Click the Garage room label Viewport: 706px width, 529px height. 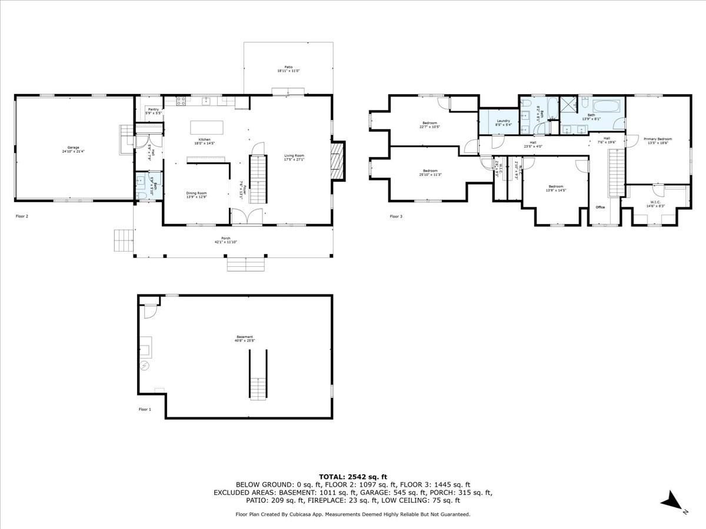73,148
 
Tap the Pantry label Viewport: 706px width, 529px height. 153,109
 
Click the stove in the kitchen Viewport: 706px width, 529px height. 181,101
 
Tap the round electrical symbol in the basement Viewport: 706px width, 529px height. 145,366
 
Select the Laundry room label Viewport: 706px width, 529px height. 503,121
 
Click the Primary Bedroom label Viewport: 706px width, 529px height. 657,139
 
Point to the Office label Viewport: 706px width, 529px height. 600,207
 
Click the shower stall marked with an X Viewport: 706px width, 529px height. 567,105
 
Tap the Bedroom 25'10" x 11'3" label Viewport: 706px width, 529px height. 430,171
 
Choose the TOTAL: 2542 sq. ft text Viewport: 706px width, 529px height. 352,477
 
